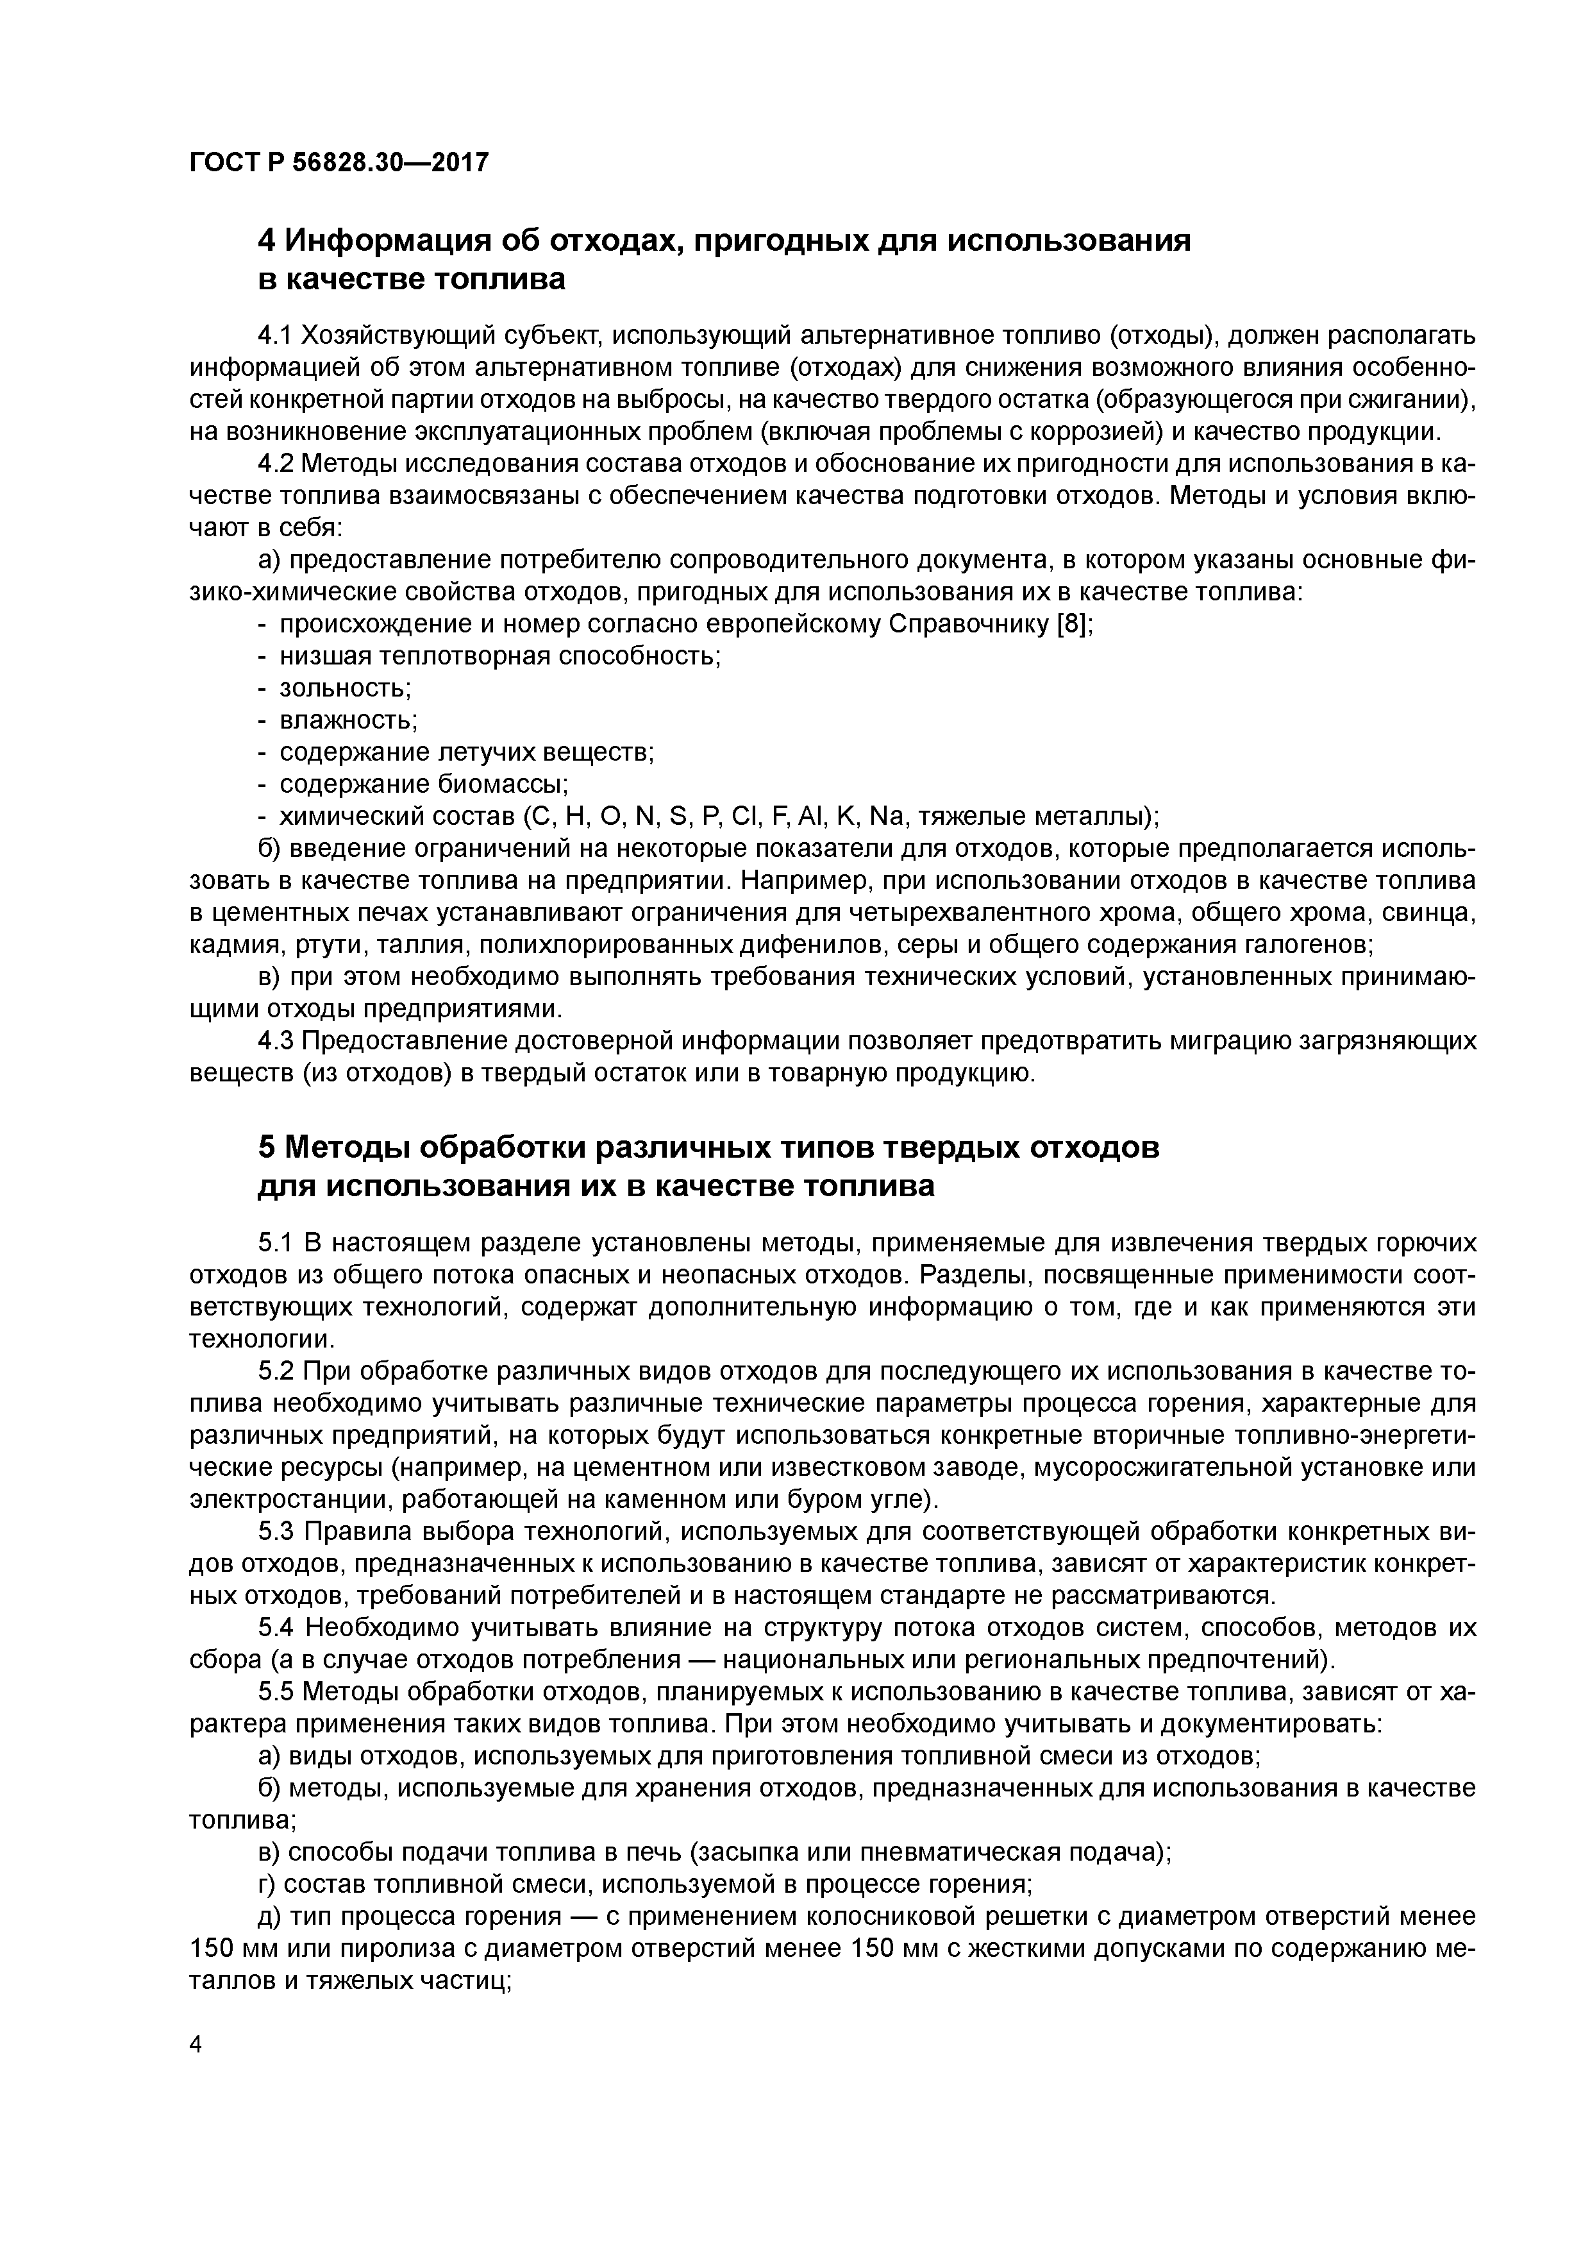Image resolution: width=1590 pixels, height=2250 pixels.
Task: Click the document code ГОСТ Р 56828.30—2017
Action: click(338, 164)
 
